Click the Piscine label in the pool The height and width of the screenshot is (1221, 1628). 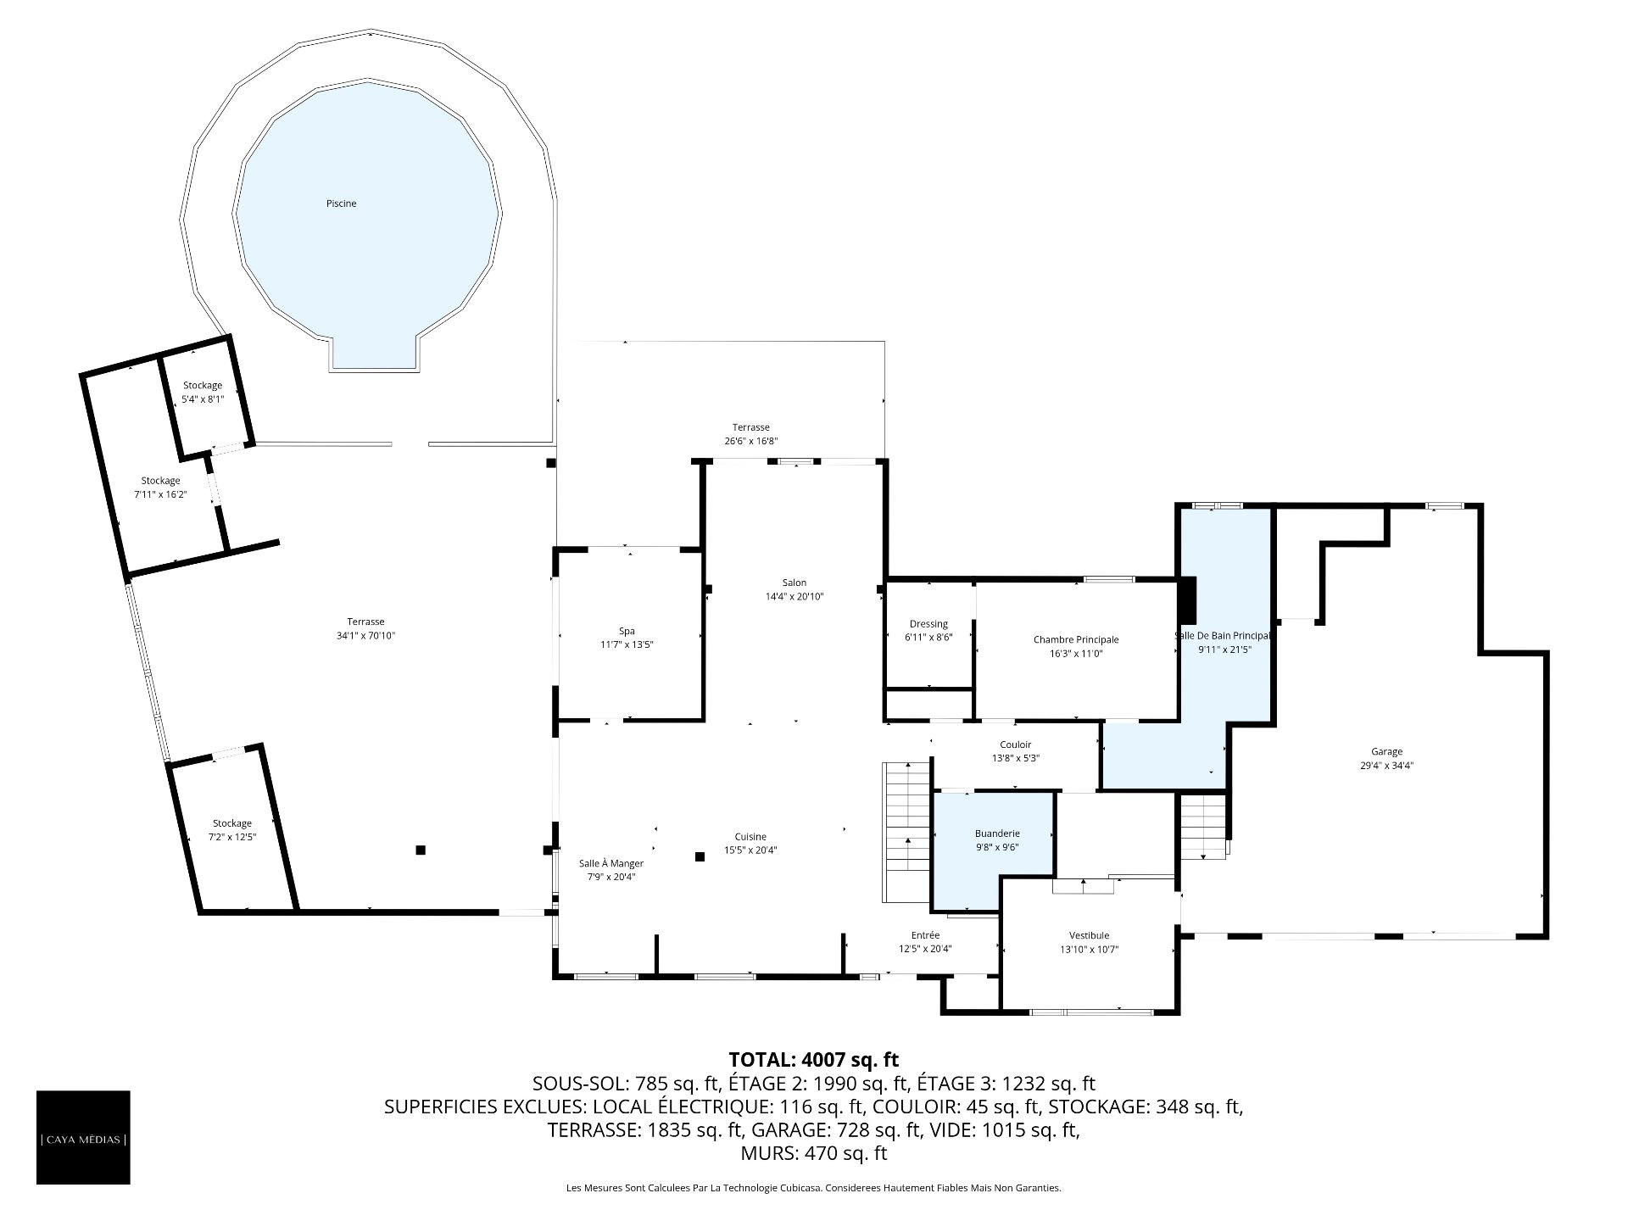click(x=341, y=203)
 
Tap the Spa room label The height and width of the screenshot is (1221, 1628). click(x=627, y=631)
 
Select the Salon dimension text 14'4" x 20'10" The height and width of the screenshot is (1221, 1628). click(x=794, y=596)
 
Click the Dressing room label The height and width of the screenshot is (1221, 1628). click(x=928, y=624)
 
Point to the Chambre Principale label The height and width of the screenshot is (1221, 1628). click(x=1076, y=639)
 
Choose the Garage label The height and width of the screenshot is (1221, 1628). click(x=1386, y=751)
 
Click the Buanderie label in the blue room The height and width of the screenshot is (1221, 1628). click(x=997, y=834)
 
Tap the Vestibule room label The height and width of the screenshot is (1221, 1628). click(x=1089, y=935)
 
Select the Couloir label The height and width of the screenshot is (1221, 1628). click(x=1015, y=744)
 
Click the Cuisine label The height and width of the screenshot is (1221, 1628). click(x=750, y=837)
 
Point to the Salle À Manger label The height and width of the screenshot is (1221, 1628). click(x=611, y=863)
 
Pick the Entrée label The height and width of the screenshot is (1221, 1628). click(x=925, y=935)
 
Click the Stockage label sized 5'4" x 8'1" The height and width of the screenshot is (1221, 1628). click(x=203, y=386)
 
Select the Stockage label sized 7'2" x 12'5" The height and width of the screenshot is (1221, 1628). click(x=232, y=823)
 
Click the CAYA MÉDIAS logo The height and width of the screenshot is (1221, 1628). click(x=83, y=1138)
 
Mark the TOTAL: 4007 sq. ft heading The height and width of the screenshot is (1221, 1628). click(x=814, y=1059)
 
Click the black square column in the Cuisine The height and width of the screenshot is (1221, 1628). click(x=700, y=856)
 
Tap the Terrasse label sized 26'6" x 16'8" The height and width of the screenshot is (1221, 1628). click(x=751, y=427)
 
